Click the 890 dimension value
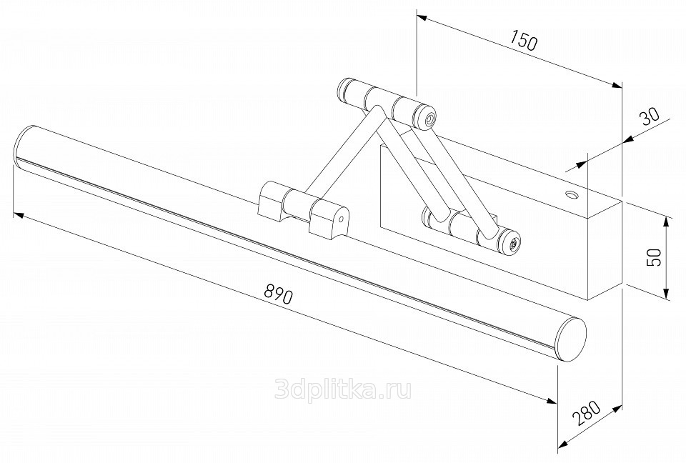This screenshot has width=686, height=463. [x=278, y=294]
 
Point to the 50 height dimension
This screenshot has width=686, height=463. [x=653, y=257]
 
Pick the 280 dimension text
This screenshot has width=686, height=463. [x=585, y=413]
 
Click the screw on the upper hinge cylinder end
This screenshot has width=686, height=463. [x=430, y=119]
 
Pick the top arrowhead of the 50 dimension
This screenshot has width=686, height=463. [x=666, y=222]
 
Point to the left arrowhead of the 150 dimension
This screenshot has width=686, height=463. [x=422, y=17]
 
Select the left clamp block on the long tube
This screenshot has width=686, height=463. [x=270, y=201]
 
